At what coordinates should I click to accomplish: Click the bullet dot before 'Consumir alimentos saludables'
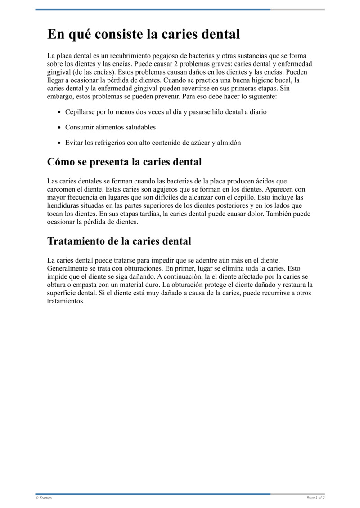(59, 128)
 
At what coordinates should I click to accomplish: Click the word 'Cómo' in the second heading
(62, 162)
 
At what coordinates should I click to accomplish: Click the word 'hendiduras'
(64, 205)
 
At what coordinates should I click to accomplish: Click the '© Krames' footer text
(44, 498)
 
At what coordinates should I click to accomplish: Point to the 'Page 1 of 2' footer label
(315, 498)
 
